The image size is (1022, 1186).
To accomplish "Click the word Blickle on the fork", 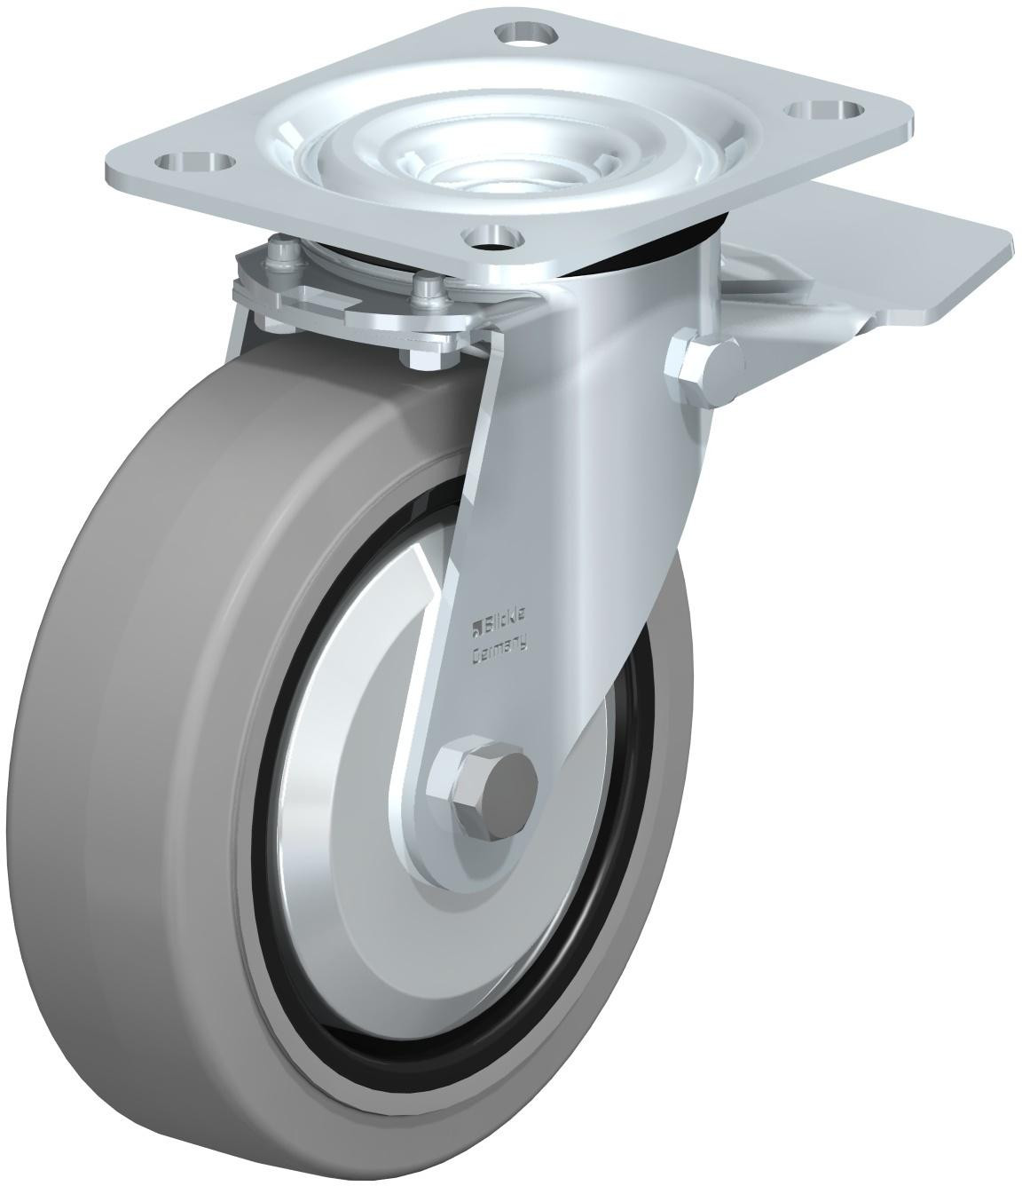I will click(x=503, y=627).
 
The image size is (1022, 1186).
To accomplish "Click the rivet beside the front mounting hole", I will click(x=428, y=286).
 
